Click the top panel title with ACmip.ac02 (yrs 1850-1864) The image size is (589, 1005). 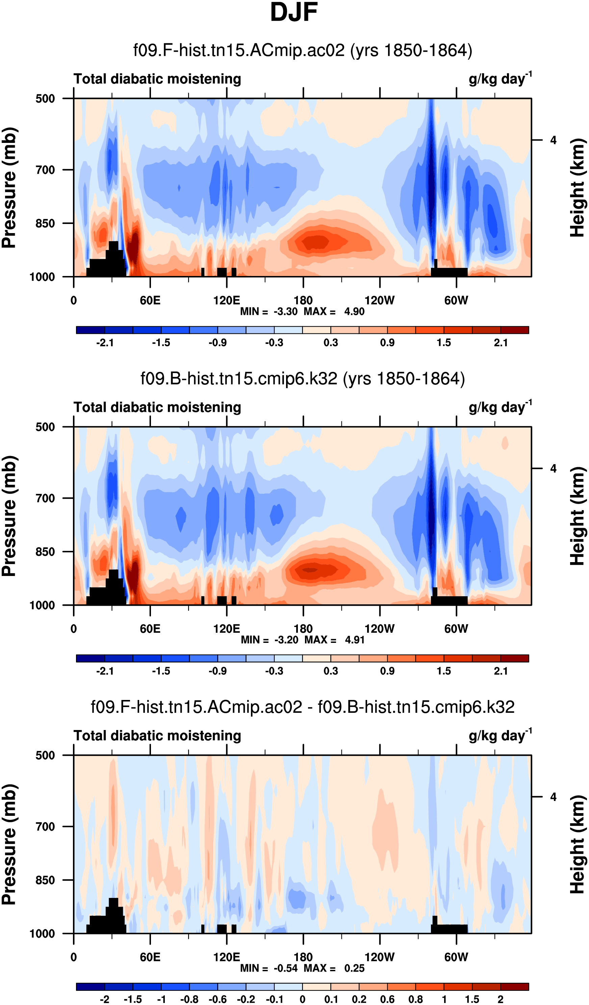pyautogui.click(x=302, y=51)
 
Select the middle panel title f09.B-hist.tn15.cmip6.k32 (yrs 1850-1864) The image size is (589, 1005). pyautogui.click(x=302, y=378)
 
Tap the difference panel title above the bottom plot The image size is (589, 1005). pyautogui.click(x=302, y=707)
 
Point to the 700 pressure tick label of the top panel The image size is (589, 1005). pyautogui.click(x=45, y=170)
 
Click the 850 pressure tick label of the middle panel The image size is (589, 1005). pyautogui.click(x=45, y=552)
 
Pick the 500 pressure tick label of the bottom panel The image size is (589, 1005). pyautogui.click(x=45, y=755)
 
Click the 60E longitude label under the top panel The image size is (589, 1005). pyautogui.click(x=150, y=300)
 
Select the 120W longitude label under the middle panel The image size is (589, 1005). pyautogui.click(x=379, y=629)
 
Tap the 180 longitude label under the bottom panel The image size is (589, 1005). pyautogui.click(x=303, y=957)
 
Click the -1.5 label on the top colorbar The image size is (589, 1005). pyautogui.click(x=161, y=343)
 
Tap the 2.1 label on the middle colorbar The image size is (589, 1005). pyautogui.click(x=501, y=671)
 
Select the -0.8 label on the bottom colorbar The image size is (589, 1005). pyautogui.click(x=189, y=999)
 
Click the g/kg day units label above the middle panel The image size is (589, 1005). pyautogui.click(x=500, y=407)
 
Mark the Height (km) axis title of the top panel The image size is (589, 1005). pyautogui.click(x=577, y=187)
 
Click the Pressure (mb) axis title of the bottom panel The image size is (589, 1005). pyautogui.click(x=9, y=844)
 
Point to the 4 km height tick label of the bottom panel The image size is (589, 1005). pyautogui.click(x=553, y=797)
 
